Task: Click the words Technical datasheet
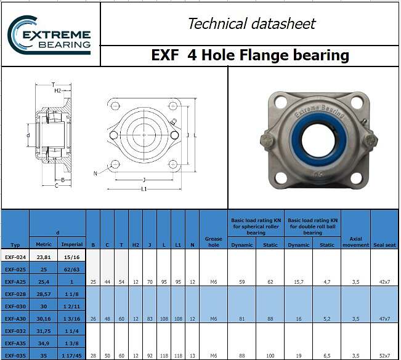[x=251, y=24]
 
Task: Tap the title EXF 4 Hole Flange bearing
[x=249, y=55]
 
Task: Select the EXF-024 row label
[x=14, y=257]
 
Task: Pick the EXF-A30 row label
[x=14, y=318]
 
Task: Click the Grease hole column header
[x=213, y=241]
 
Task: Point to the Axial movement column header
[x=355, y=241]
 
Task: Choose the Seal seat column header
[x=384, y=244]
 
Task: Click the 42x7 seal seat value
[x=384, y=281]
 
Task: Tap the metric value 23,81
[x=44, y=257]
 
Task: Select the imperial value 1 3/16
[x=72, y=318]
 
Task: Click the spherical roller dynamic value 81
[x=241, y=318]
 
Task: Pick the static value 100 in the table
[x=270, y=355]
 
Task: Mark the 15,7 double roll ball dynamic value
[x=298, y=281]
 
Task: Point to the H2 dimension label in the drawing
[x=57, y=90]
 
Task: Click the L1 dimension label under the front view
[x=144, y=188]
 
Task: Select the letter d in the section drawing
[x=28, y=134]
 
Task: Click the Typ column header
[x=14, y=244]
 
